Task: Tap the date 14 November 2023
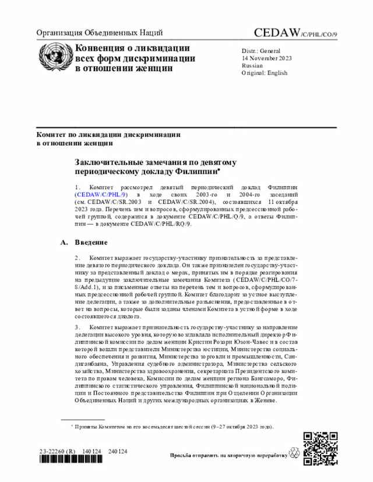[x=267, y=58]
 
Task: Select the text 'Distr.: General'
[x=261, y=51]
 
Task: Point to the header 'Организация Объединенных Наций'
[x=100, y=33]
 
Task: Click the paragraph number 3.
[x=78, y=328]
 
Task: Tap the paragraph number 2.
[x=78, y=257]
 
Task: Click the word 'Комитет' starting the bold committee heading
[x=52, y=133]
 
